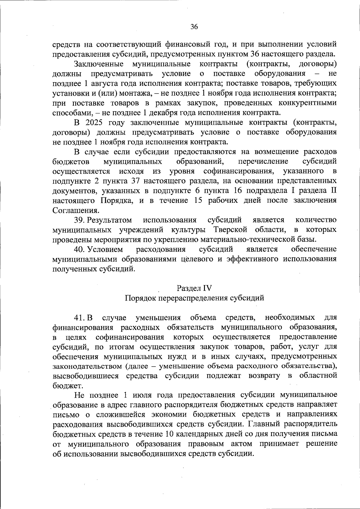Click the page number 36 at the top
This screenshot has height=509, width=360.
tap(194, 27)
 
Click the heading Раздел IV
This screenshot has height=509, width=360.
tap(194, 288)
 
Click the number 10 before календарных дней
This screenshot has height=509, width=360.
tap(169, 434)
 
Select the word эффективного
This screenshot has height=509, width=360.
tap(251, 259)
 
